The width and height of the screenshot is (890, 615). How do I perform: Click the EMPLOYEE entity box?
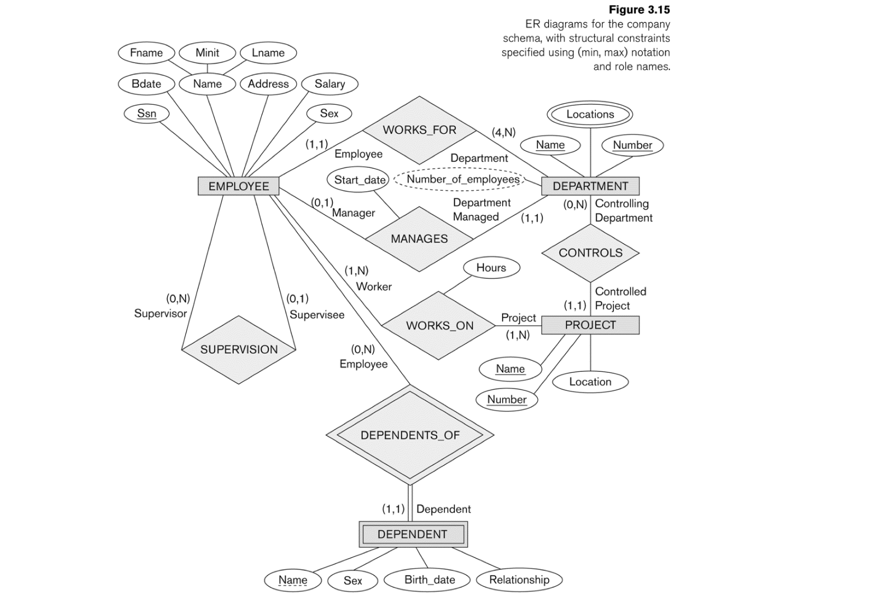[238, 186]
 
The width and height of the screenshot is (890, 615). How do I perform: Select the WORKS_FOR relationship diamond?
[419, 130]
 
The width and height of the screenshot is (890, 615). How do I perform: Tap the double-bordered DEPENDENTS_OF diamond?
[410, 435]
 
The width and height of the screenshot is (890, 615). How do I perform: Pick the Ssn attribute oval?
[146, 113]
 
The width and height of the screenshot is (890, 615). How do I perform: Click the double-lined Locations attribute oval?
[590, 114]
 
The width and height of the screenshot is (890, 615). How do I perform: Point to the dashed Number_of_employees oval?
[462, 179]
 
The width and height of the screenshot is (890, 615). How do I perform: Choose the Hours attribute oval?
[491, 267]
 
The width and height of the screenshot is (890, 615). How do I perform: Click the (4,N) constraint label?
[503, 132]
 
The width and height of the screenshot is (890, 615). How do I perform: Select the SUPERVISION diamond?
[238, 349]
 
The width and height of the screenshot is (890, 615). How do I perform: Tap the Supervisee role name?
[317, 315]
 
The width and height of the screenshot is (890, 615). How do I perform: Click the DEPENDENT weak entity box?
[413, 534]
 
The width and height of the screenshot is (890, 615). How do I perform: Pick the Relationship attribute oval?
[519, 580]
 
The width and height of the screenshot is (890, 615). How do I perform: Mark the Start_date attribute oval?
[359, 180]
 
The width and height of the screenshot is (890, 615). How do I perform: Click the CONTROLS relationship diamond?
[590, 253]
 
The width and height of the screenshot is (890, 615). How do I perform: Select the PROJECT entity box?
[590, 325]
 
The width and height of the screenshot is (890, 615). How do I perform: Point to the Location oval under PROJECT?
[590, 381]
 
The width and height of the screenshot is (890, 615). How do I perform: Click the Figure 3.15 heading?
[639, 10]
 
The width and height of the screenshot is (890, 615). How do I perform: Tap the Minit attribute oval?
[207, 52]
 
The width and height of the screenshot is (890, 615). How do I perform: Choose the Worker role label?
[373, 287]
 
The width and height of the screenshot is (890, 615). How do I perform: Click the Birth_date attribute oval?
[429, 580]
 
